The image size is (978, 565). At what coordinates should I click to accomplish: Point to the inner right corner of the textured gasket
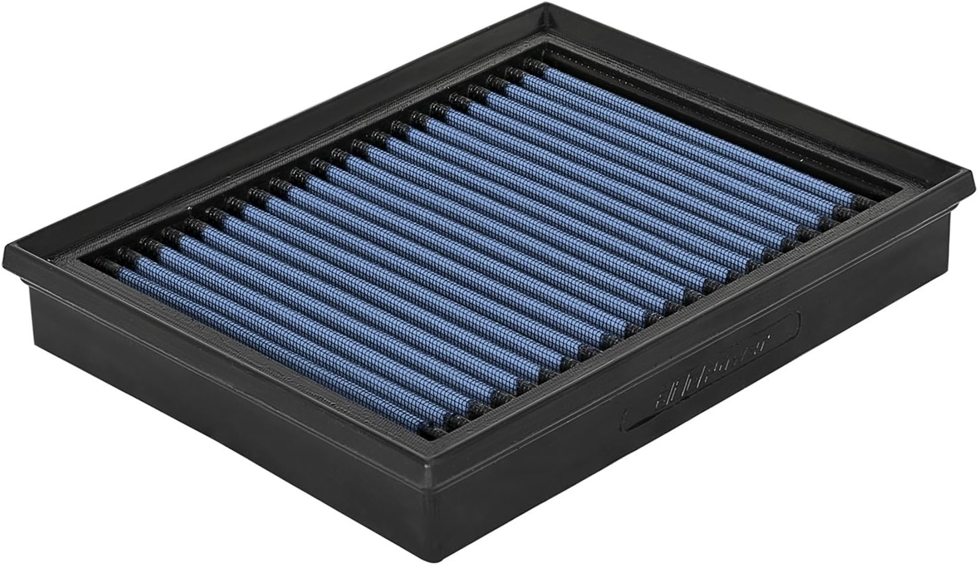[888, 199]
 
